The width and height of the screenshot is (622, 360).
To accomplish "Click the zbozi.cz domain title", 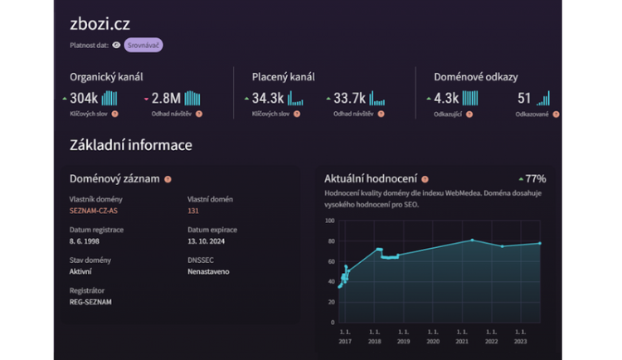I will [x=100, y=24].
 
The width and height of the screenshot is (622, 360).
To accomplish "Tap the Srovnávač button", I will [x=143, y=46].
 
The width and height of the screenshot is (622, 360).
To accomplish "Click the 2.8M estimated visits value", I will [x=166, y=99].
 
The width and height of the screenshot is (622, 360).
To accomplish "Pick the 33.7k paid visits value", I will [x=350, y=99].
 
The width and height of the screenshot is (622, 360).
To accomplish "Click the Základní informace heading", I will [x=131, y=145].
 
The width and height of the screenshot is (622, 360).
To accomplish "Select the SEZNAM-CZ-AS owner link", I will [x=94, y=211].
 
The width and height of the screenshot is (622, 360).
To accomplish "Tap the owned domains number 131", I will [x=194, y=211].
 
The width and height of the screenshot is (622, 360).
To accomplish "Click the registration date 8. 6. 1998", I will [x=86, y=241].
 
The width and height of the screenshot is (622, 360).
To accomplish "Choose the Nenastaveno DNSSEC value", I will [x=208, y=271].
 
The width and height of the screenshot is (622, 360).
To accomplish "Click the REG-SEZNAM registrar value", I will [x=90, y=302].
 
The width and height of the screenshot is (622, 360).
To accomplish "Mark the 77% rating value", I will [x=535, y=178].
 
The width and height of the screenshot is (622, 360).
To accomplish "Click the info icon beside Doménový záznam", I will [x=168, y=179].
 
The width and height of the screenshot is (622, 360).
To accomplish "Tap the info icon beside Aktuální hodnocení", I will [x=425, y=179].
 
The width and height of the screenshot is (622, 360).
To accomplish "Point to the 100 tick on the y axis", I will [x=329, y=221].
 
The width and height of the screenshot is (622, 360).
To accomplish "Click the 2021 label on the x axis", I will [x=461, y=340].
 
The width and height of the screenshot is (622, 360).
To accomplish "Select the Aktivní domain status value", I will [x=81, y=271].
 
